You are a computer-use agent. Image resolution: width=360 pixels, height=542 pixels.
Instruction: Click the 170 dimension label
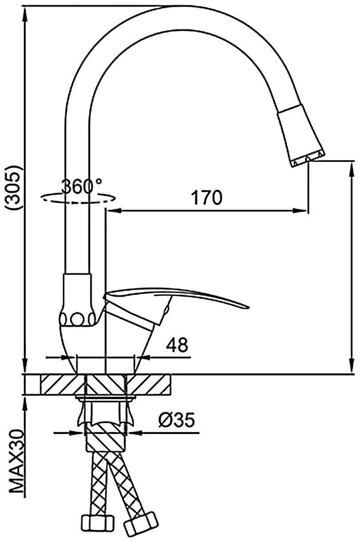click(x=206, y=198)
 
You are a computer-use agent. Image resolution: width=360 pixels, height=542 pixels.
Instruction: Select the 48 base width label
click(x=177, y=345)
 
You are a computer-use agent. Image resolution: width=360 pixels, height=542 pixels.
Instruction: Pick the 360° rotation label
click(x=82, y=186)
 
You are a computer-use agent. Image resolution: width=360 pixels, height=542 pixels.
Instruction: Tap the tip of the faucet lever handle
click(x=249, y=307)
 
